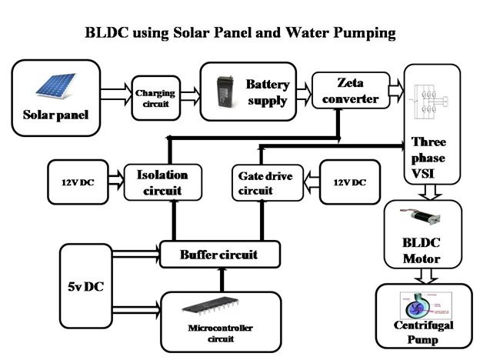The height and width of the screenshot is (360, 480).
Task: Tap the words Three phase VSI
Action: tap(428, 158)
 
